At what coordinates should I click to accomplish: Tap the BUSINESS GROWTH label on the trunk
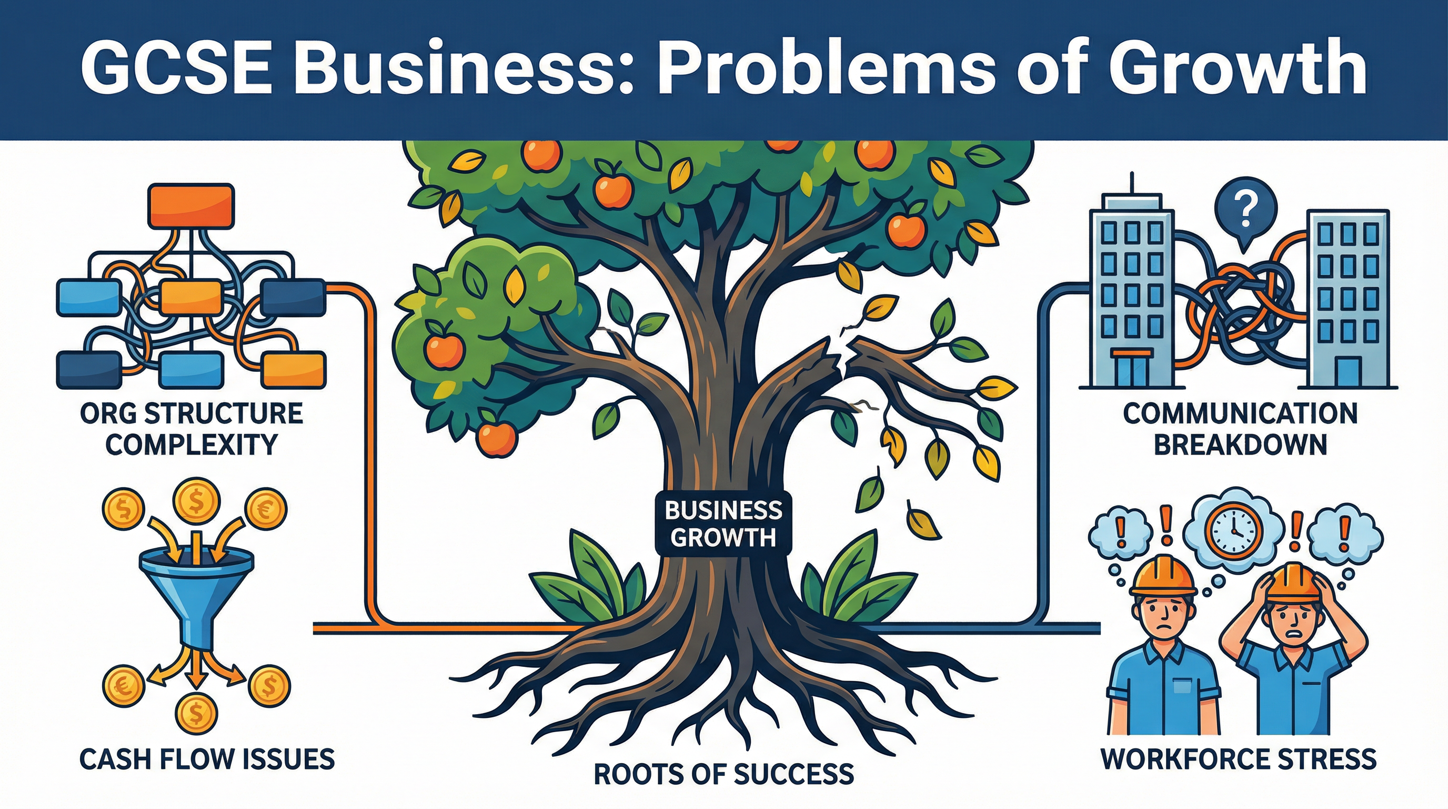[723, 524]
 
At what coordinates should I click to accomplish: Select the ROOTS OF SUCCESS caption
[723, 774]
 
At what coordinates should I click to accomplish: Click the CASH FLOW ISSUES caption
[207, 759]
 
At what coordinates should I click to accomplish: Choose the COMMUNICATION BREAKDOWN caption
[1240, 429]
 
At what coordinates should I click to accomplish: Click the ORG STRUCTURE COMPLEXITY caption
[191, 429]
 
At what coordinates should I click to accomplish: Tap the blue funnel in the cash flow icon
[196, 591]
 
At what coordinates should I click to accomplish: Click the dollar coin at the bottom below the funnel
[196, 713]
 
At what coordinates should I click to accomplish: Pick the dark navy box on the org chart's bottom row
[89, 370]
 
